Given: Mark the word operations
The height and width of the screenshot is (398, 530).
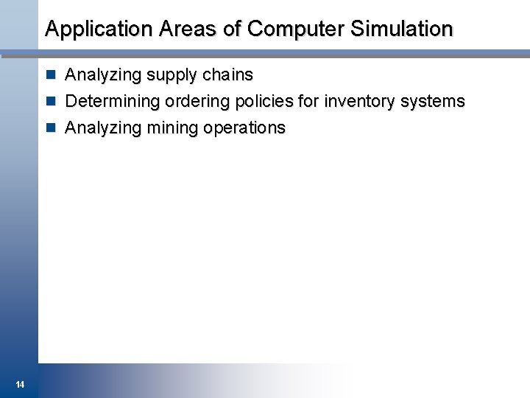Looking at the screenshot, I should coord(244,128).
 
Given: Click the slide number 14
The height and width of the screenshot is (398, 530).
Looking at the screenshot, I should coord(20,384).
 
